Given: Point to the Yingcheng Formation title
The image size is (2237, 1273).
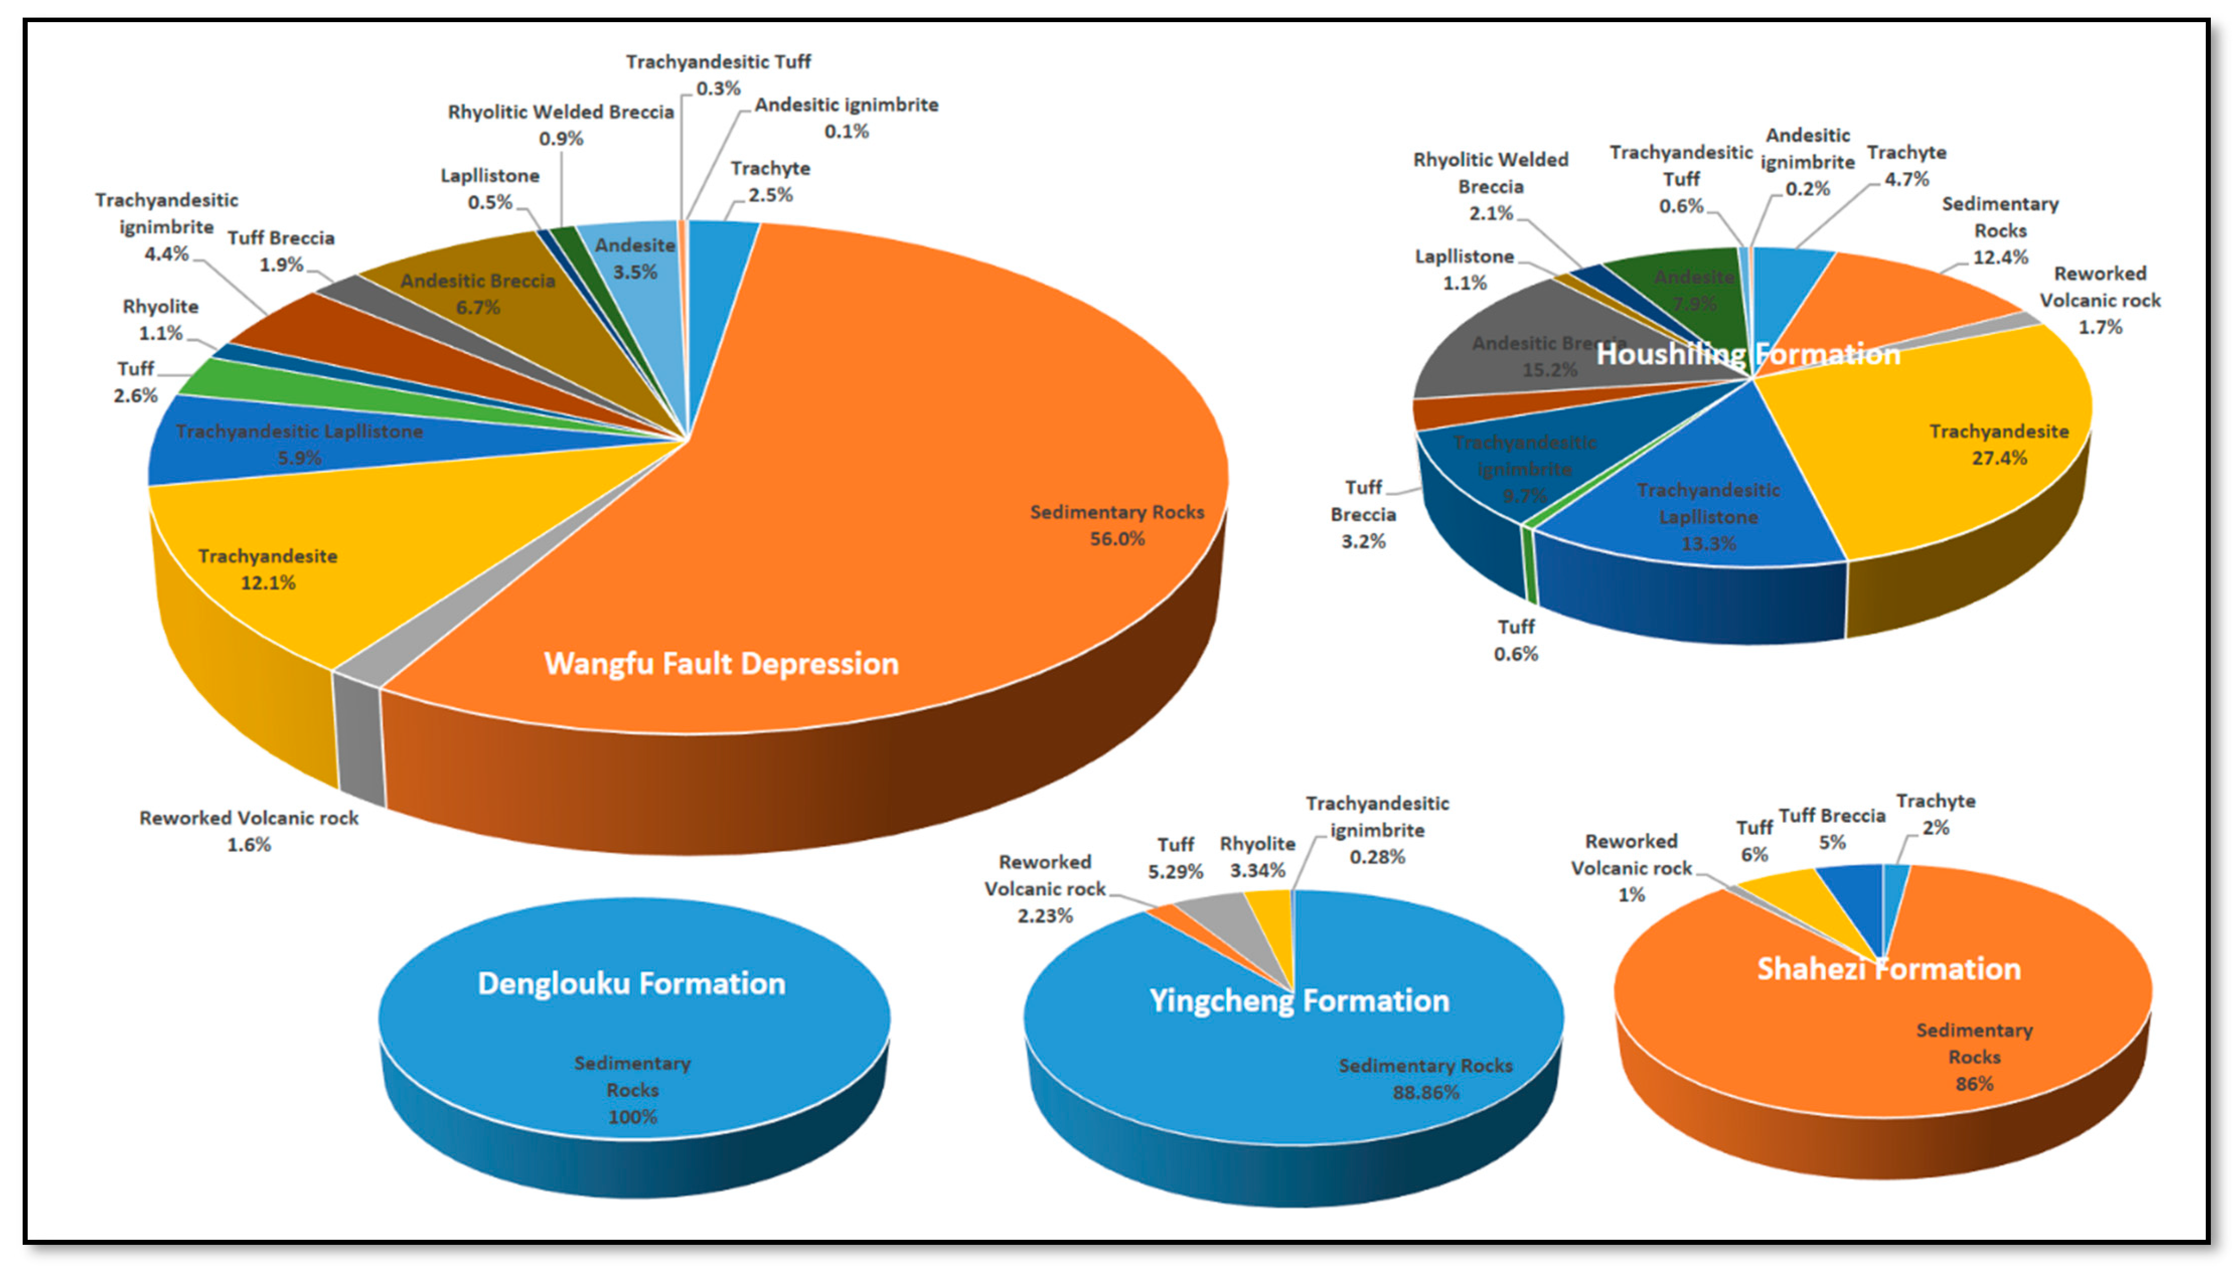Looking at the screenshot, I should click(1299, 1000).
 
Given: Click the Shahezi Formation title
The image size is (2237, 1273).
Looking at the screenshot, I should click(1888, 969).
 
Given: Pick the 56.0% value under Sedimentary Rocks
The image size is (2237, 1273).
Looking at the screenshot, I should click(1117, 539).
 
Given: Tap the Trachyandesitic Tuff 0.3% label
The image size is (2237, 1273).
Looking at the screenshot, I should click(718, 74).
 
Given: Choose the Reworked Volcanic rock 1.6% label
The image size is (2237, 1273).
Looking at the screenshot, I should click(249, 830).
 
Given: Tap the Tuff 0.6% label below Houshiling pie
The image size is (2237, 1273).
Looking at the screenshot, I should click(1515, 640).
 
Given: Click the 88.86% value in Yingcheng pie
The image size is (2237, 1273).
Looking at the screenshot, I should click(1425, 1092).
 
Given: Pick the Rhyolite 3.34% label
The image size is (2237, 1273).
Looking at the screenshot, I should click(1257, 857).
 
